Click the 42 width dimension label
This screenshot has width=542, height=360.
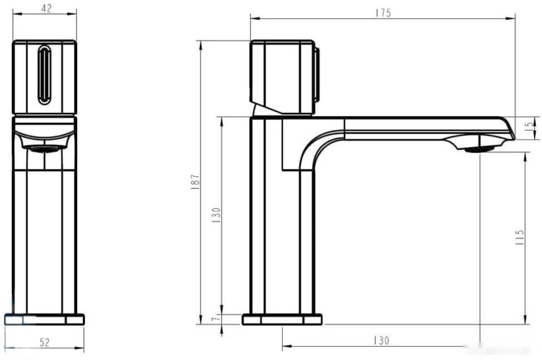(x=46, y=8)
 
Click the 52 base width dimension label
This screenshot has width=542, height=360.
(x=45, y=342)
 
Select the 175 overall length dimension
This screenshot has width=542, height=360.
(x=383, y=13)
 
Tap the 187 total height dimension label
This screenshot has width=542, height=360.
(x=195, y=181)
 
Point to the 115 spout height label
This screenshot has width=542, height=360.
(x=520, y=237)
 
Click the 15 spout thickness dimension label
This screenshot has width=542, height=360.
(x=529, y=126)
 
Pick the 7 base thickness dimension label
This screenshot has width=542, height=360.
(x=215, y=318)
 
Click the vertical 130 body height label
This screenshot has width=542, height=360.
(x=216, y=215)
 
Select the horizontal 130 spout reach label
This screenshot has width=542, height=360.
(x=381, y=340)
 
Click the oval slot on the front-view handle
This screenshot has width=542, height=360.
(x=45, y=75)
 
